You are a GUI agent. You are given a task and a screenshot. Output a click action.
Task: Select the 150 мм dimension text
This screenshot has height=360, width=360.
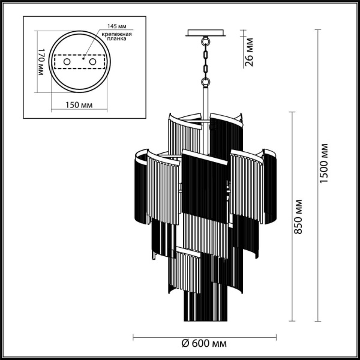[79, 104]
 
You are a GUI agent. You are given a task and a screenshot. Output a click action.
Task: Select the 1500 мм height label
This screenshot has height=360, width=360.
[325, 164]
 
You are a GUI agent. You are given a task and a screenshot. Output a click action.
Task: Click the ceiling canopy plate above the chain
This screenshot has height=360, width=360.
[205, 33]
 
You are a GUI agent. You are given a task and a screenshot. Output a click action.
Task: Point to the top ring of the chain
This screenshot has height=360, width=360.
[205, 43]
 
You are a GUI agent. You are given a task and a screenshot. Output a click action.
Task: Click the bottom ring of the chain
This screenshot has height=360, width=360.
[205, 80]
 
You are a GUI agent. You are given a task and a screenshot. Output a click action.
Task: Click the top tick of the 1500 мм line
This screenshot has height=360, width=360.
[318, 28]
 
